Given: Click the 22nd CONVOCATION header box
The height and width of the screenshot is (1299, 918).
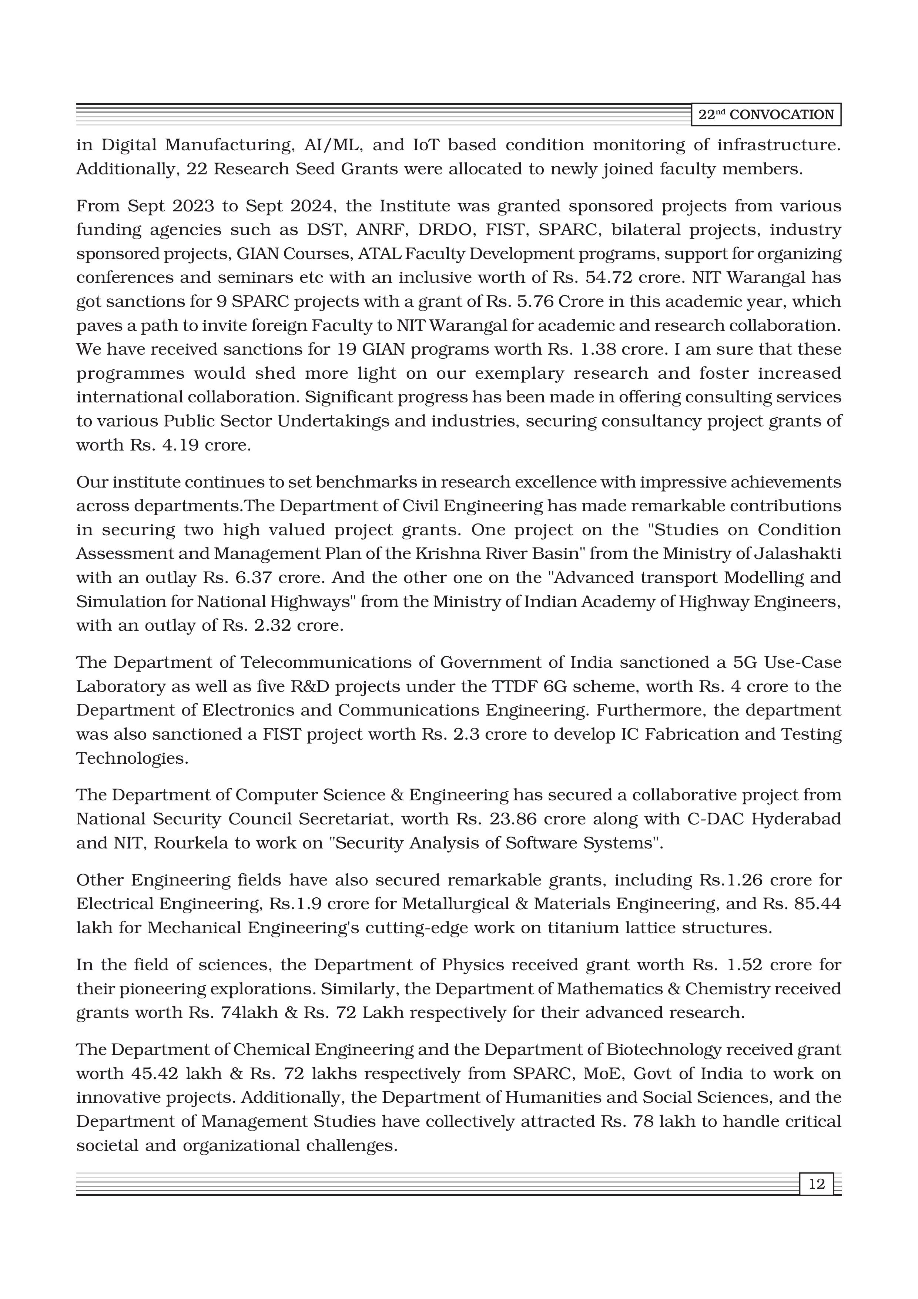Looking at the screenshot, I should [x=766, y=115].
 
